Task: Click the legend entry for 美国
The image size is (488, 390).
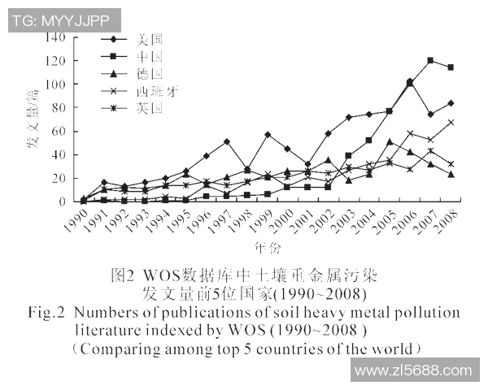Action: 150,38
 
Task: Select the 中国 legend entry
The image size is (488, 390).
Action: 150,55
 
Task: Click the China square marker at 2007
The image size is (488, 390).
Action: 430,61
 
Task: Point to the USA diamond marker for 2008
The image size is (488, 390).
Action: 451,103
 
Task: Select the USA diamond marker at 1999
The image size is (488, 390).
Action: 268,134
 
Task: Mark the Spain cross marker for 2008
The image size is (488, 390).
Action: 451,123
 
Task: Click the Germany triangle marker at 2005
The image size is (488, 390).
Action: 390,141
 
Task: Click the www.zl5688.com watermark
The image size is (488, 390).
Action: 415,371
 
